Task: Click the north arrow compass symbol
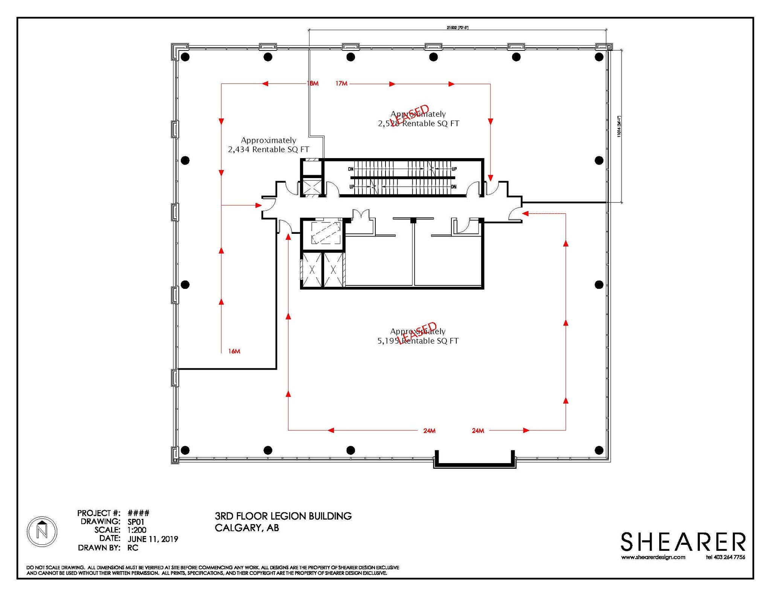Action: point(42,532)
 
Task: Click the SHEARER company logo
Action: point(683,542)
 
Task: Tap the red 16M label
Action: point(234,351)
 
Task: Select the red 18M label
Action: point(312,83)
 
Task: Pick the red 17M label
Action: point(341,83)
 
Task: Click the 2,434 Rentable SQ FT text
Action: point(268,149)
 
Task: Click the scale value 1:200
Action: point(137,530)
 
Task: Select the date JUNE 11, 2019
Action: point(153,539)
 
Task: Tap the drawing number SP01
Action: point(136,522)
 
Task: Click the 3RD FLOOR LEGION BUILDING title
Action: point(283,516)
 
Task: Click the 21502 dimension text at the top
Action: point(457,27)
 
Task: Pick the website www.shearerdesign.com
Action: point(653,557)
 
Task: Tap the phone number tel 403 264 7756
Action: point(725,557)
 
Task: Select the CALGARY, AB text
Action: point(247,528)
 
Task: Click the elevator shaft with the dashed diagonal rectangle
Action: point(326,233)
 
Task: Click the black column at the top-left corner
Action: point(185,57)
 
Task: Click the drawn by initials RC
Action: point(133,548)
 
